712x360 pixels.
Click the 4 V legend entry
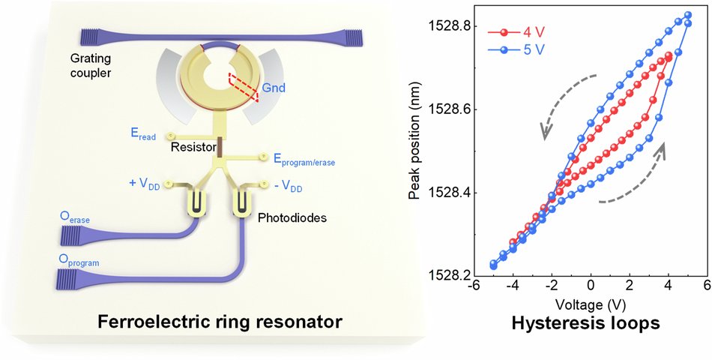[513, 32]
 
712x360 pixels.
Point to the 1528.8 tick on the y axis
[451, 26]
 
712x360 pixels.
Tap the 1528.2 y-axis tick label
[451, 276]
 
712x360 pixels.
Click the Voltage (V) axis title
[591, 305]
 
